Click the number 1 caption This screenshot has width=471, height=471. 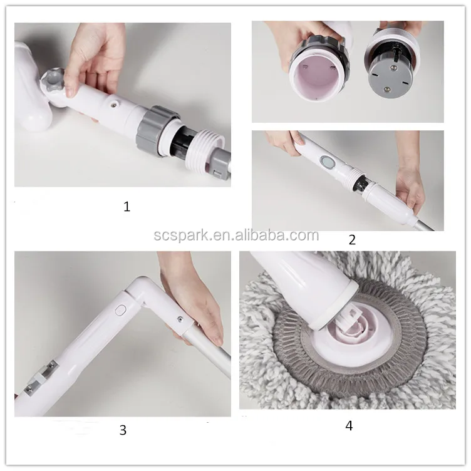(127, 207)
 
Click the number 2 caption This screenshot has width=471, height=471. (352, 240)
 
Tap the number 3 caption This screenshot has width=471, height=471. (123, 430)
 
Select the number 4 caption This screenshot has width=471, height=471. (349, 426)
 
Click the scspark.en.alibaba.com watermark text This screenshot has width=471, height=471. (236, 235)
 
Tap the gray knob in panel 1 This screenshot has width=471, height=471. (53, 80)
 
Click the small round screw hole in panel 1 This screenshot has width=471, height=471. (114, 104)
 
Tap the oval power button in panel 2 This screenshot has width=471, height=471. (327, 162)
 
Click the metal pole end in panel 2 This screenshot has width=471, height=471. (423, 225)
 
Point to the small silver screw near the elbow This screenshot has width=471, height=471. (180, 319)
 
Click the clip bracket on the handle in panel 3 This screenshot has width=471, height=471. (43, 376)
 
